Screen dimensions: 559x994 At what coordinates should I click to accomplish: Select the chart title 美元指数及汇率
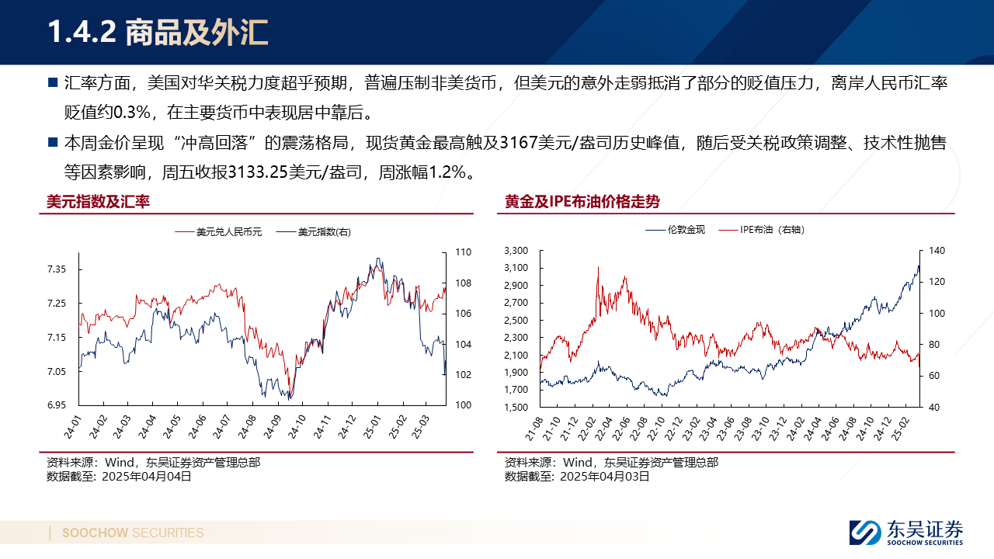(98, 202)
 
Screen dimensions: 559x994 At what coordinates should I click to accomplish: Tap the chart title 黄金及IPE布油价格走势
(582, 202)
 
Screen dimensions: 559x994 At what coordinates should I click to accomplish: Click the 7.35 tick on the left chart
(57, 269)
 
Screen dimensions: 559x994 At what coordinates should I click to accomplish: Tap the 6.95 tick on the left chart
(57, 405)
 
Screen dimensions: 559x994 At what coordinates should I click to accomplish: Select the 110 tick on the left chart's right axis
(464, 252)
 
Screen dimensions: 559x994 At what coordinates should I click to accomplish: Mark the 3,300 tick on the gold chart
(516, 251)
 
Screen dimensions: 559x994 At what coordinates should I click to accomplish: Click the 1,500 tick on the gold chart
(516, 408)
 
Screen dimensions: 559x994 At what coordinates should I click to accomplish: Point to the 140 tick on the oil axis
(936, 251)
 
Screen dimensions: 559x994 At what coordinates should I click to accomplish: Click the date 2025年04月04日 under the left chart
(147, 477)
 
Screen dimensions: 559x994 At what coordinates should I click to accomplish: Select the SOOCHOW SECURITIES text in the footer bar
(133, 533)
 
